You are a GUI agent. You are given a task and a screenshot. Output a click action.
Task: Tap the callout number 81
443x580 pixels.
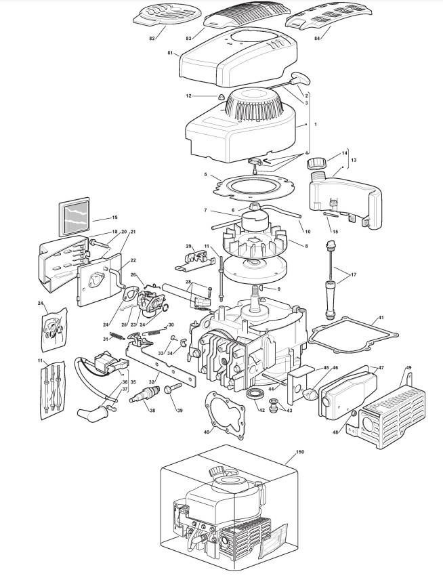point(169,52)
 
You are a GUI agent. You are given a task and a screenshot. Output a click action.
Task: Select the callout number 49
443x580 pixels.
point(408,368)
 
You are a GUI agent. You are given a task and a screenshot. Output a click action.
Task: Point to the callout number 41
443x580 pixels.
point(381,317)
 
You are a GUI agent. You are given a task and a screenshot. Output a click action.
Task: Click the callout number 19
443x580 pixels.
point(114,217)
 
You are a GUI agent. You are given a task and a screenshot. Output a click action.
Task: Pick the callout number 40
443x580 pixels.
point(207,432)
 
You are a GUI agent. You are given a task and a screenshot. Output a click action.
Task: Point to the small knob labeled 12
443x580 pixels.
point(221,98)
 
